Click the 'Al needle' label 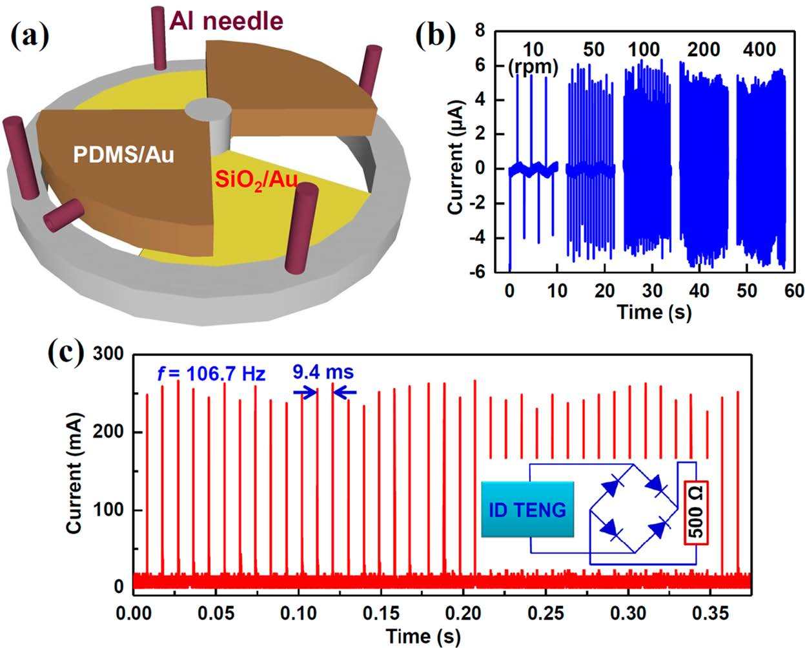point(226,21)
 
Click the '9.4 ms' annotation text point(323,372)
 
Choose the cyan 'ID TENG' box point(527,509)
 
